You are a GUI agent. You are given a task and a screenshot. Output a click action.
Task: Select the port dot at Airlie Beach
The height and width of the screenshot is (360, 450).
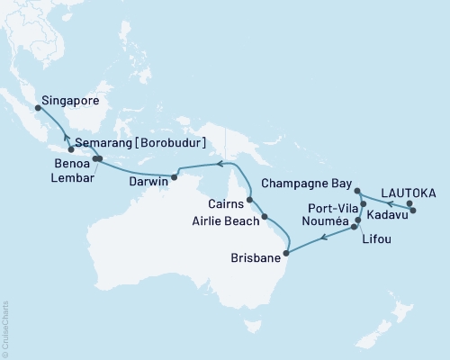click(x=265, y=217)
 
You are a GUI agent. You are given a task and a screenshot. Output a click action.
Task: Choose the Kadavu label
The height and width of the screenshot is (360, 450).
click(x=388, y=217)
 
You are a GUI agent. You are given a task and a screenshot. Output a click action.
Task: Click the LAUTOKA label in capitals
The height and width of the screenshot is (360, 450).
click(x=409, y=192)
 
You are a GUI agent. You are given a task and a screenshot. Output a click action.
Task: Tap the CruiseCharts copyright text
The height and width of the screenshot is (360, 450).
click(x=6, y=325)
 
